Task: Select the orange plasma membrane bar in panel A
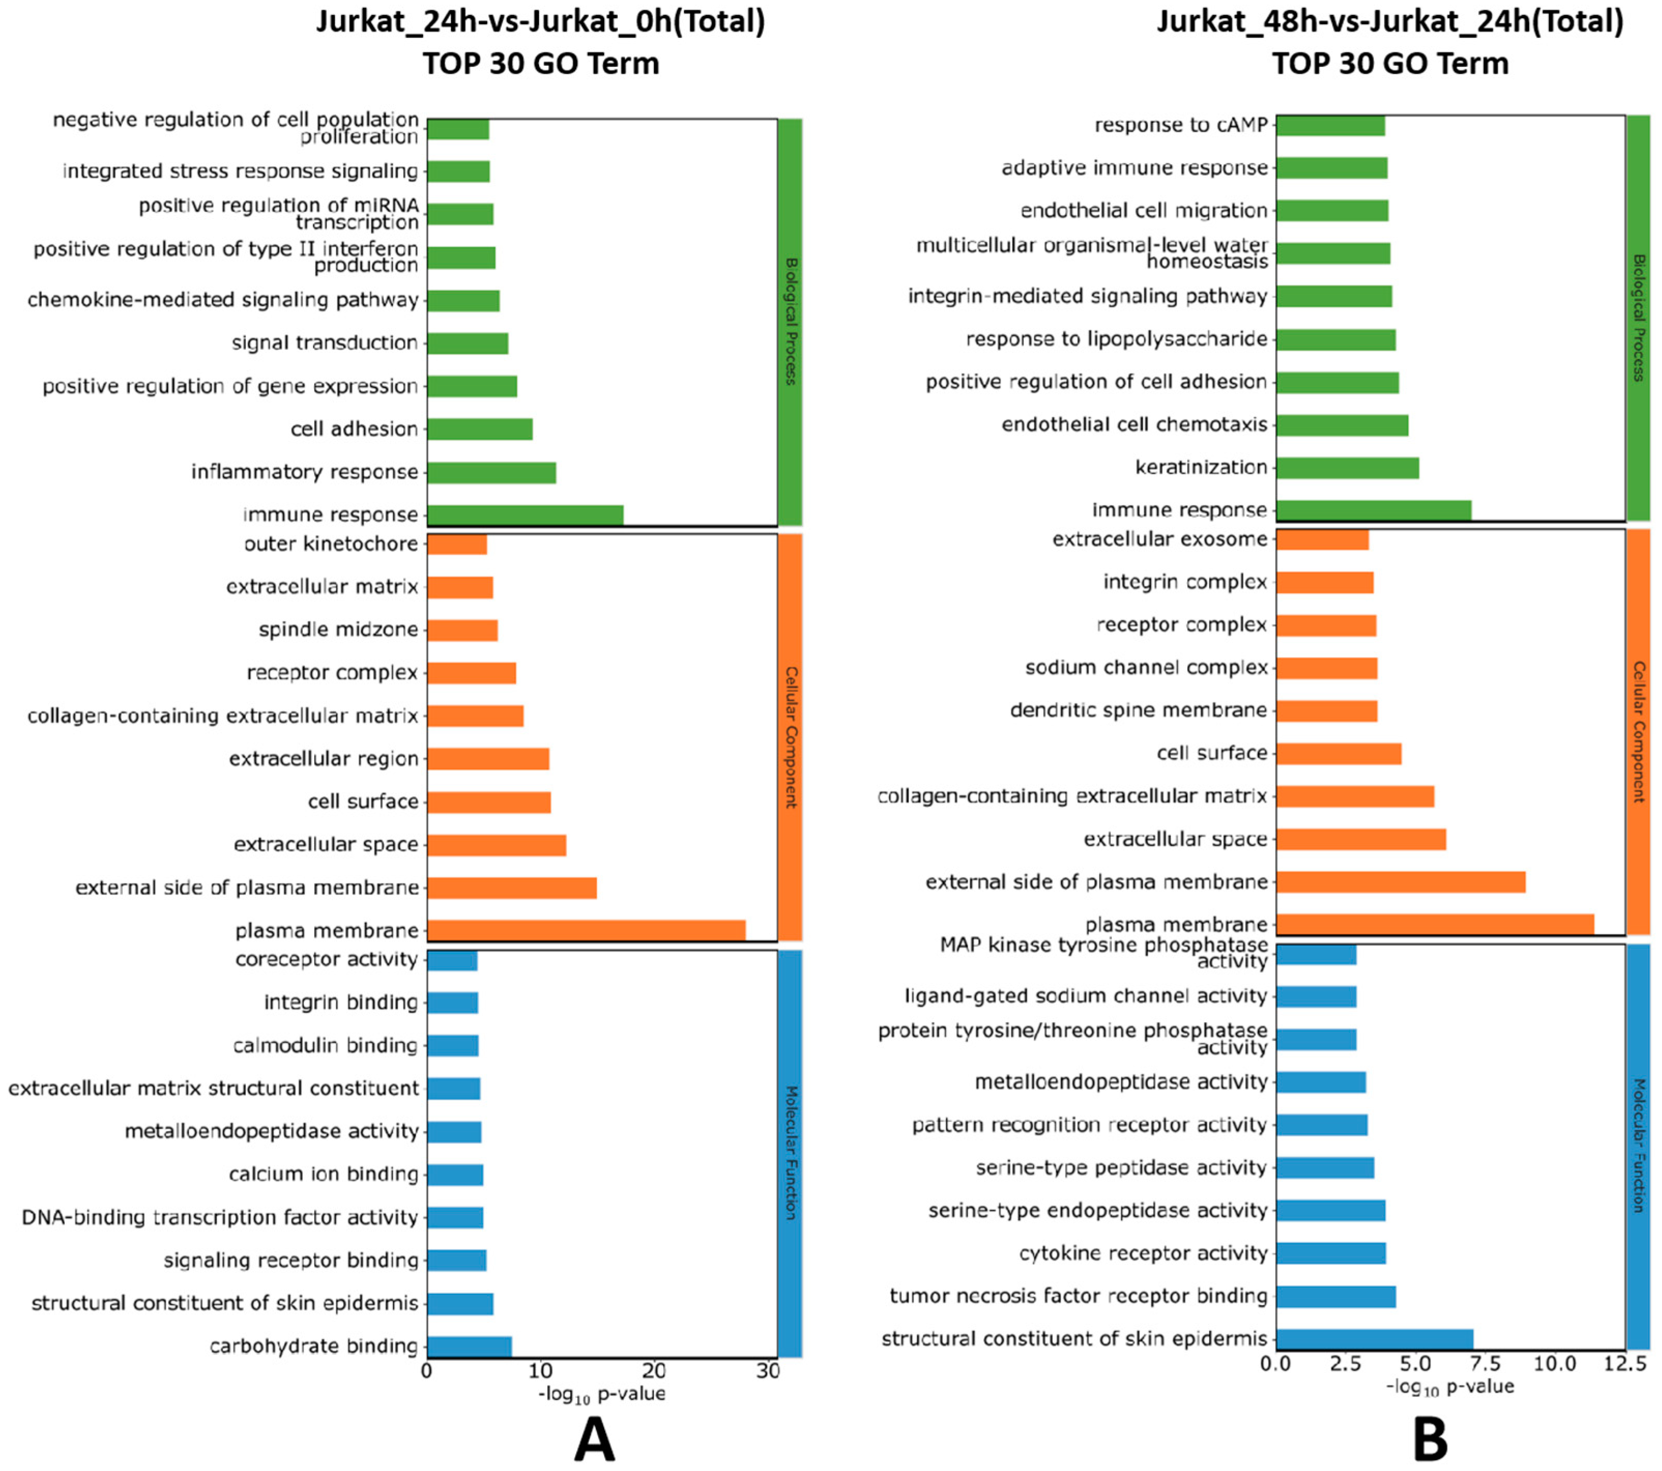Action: click(x=586, y=930)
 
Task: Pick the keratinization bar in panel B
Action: click(x=1347, y=468)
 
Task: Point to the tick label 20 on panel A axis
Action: click(x=654, y=1372)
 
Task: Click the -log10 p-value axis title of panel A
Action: click(x=602, y=1394)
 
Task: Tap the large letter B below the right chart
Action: click(x=1430, y=1440)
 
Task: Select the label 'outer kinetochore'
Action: click(x=331, y=543)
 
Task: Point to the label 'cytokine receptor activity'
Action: click(x=1143, y=1253)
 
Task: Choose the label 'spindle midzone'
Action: click(x=338, y=629)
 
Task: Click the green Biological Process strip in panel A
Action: click(x=790, y=321)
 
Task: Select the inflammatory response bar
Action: click(x=491, y=472)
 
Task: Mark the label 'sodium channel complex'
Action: click(x=1146, y=667)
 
